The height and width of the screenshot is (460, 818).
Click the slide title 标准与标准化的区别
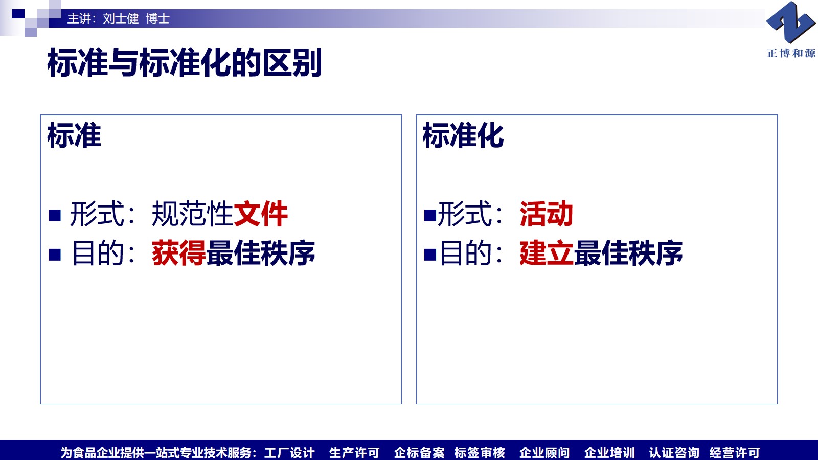point(185,62)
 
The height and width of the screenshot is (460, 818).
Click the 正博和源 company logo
point(791,29)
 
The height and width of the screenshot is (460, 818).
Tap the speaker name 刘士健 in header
point(121,18)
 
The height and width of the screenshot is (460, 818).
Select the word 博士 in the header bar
point(158,18)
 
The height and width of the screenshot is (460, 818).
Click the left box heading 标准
point(74,135)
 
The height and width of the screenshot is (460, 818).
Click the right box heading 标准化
point(463,135)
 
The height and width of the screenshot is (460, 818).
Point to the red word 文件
point(261,214)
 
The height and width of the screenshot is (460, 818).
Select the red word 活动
point(547,214)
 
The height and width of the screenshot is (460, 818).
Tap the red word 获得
point(179,252)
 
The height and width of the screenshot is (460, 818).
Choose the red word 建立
point(547,252)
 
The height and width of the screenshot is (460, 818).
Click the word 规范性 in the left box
point(192,214)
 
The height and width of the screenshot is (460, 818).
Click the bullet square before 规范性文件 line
point(55,215)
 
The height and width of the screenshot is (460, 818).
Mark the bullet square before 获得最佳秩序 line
point(55,255)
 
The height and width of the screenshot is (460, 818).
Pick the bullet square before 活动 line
point(430,215)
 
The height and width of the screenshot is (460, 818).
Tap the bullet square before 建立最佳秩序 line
point(430,255)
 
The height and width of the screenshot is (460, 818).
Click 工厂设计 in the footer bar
point(289,453)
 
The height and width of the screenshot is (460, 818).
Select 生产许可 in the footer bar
point(354,453)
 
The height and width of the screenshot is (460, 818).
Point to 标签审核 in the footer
point(480,453)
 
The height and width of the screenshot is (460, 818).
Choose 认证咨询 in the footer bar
point(674,453)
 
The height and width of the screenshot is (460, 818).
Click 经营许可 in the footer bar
point(735,453)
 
